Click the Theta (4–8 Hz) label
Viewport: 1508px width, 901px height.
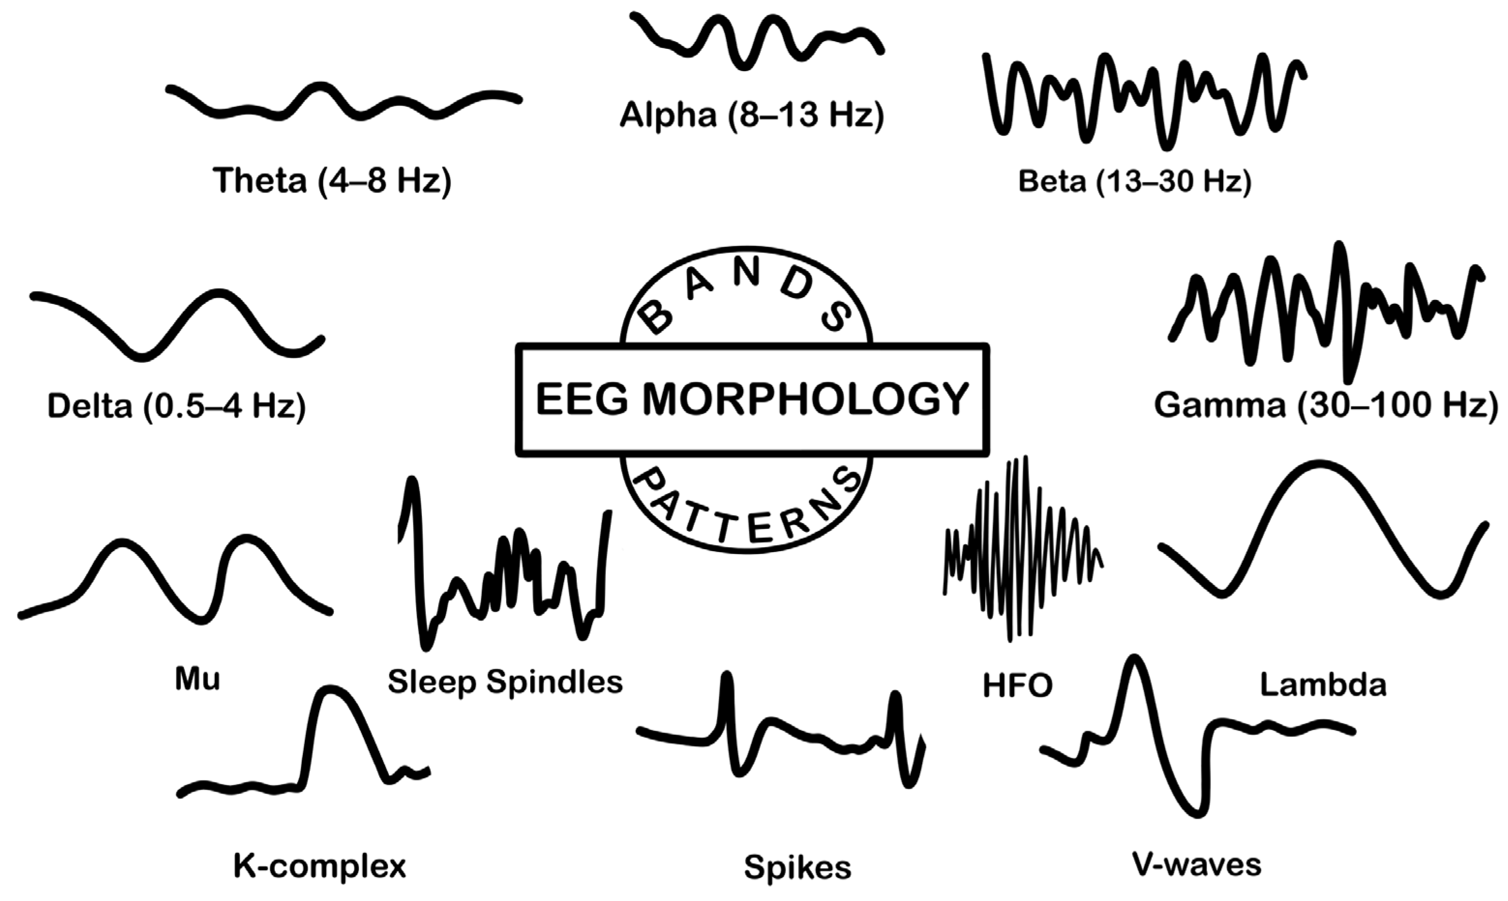click(x=332, y=180)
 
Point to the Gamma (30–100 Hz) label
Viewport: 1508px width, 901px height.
click(x=1325, y=405)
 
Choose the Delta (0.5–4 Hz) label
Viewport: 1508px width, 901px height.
click(x=177, y=405)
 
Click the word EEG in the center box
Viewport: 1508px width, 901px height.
click(x=582, y=400)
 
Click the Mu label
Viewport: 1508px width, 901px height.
click(x=197, y=679)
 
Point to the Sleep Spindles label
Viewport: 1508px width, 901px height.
click(x=505, y=681)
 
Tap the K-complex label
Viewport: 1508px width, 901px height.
click(x=320, y=866)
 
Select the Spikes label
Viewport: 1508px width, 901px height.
click(x=797, y=868)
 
